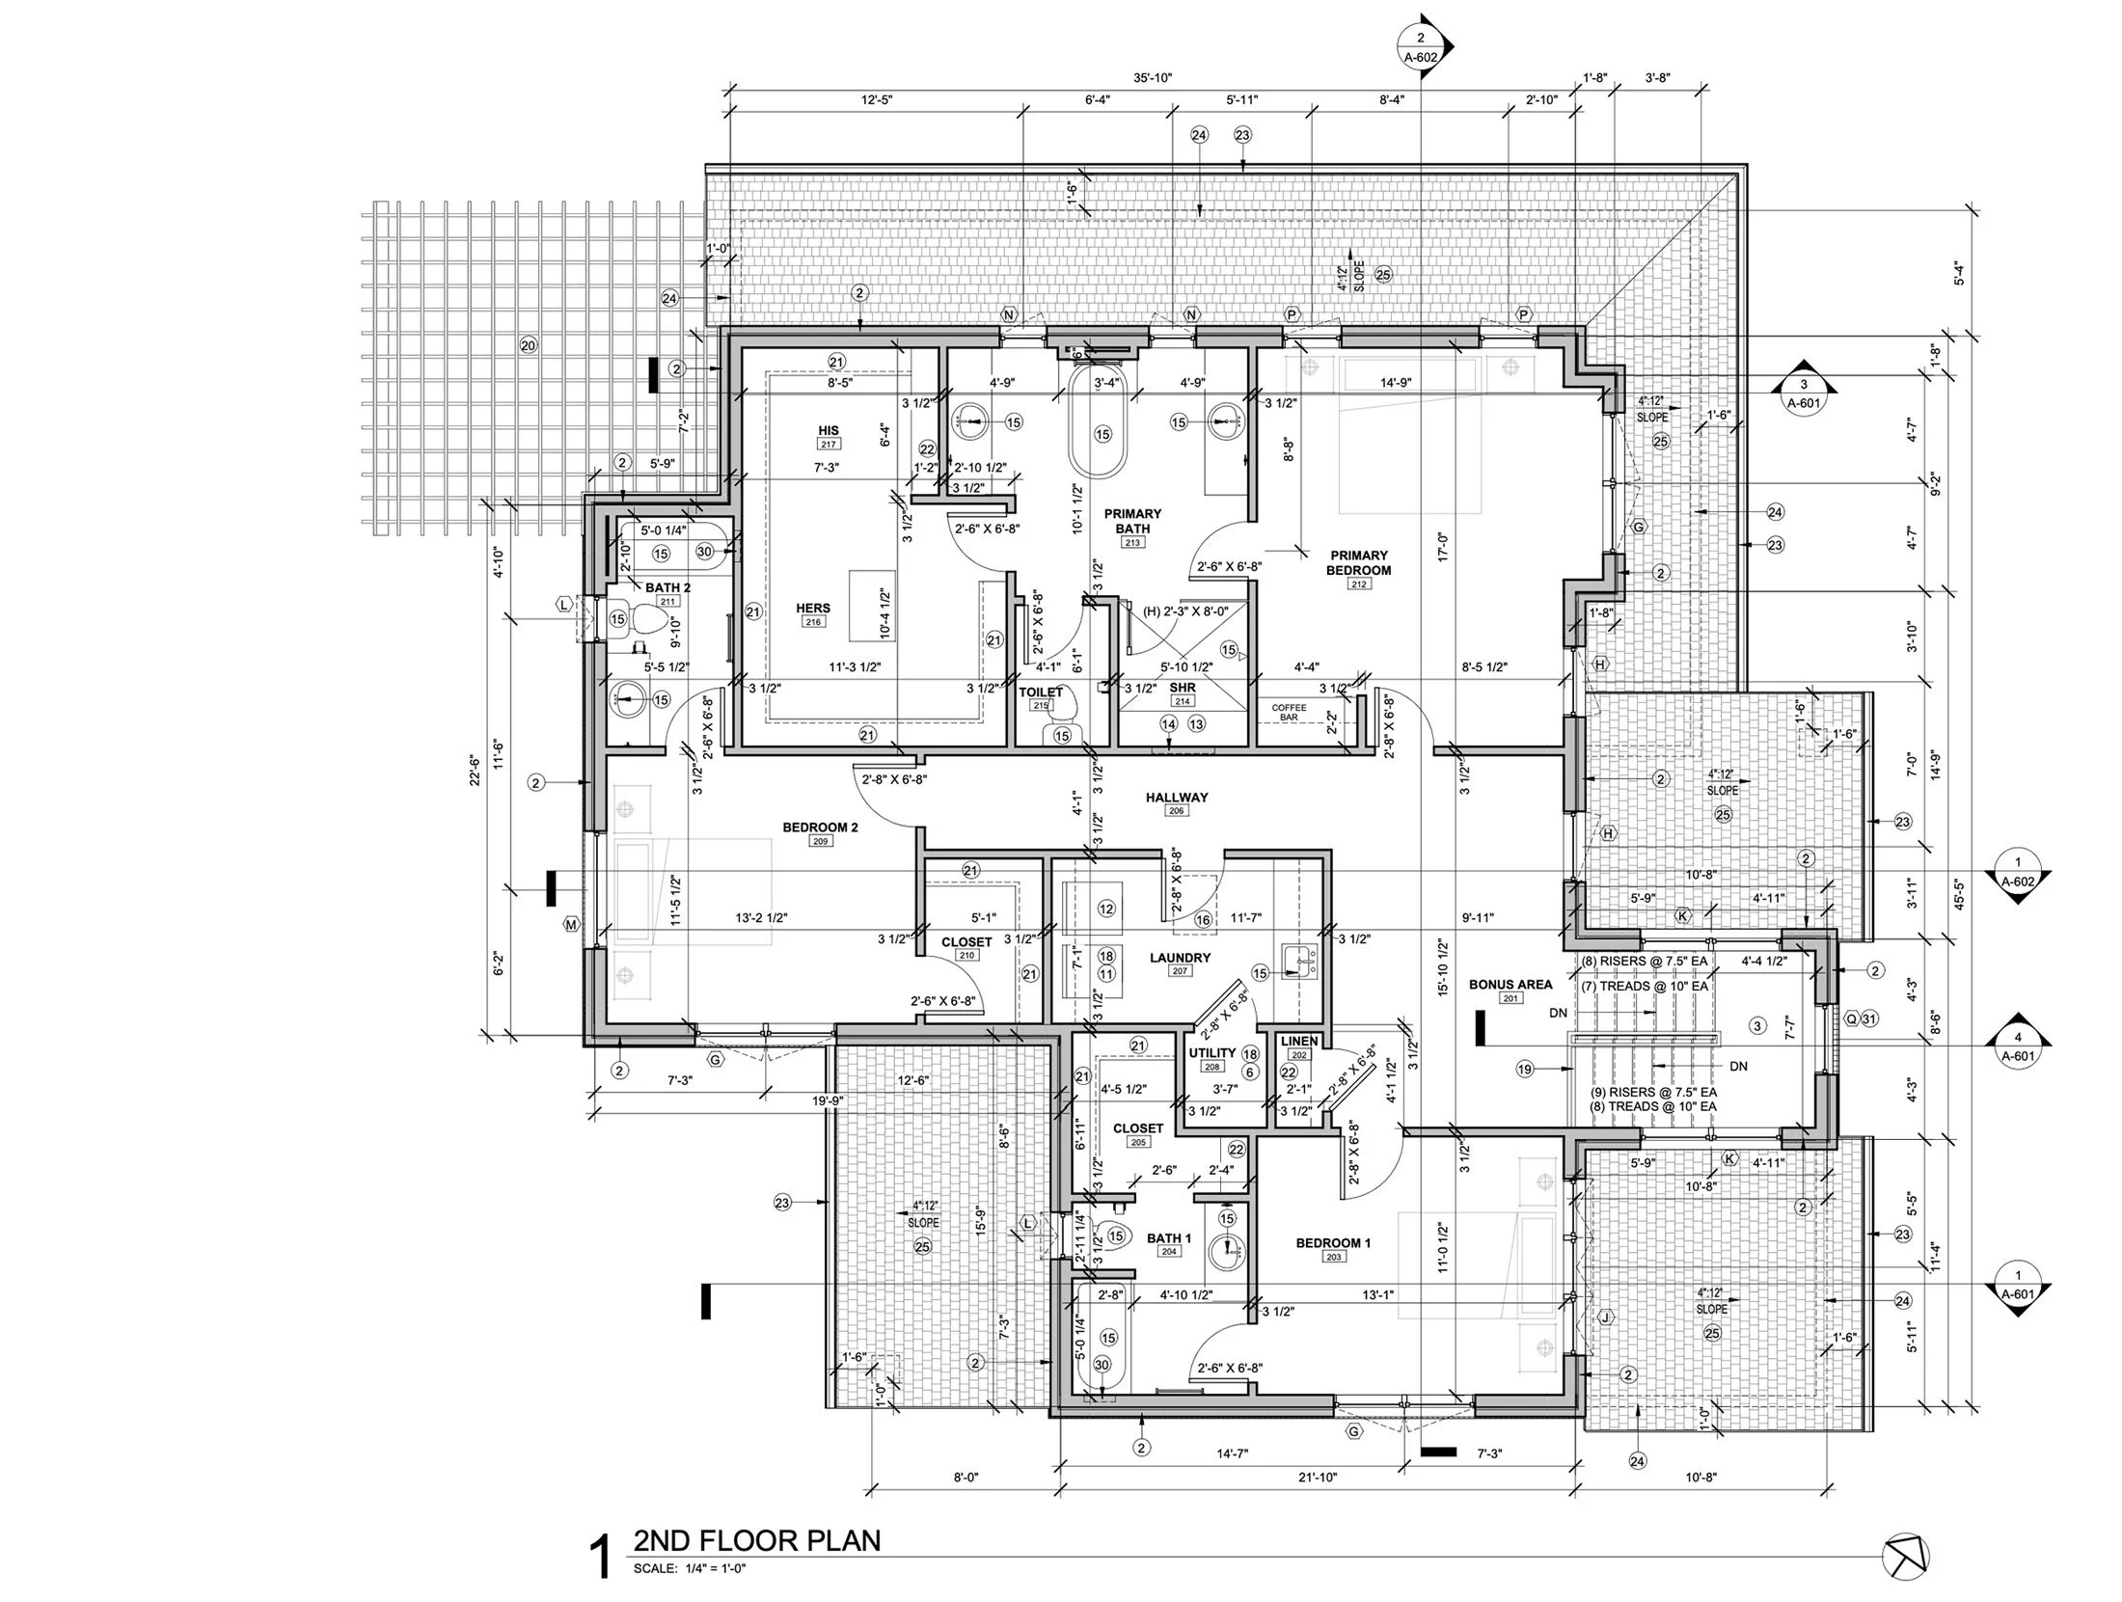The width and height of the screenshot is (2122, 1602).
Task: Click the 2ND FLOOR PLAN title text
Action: tap(756, 1540)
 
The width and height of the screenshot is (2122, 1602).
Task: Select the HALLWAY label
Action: tap(1177, 798)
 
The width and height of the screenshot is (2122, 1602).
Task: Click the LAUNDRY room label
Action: tap(1179, 958)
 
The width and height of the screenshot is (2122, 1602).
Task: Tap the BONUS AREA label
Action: tap(1510, 985)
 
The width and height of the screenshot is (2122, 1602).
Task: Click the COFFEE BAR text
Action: tap(1289, 712)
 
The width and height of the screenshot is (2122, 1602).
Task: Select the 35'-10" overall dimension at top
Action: tap(1153, 78)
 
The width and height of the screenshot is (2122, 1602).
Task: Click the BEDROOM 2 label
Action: tap(820, 828)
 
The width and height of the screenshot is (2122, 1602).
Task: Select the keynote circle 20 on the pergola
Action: tap(527, 345)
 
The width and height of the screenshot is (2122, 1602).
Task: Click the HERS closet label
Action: tap(813, 609)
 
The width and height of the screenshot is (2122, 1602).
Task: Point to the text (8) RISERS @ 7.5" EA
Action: tap(1644, 962)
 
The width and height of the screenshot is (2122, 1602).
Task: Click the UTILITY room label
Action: tap(1212, 1053)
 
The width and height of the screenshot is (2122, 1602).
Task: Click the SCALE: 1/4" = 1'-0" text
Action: tap(690, 1568)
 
